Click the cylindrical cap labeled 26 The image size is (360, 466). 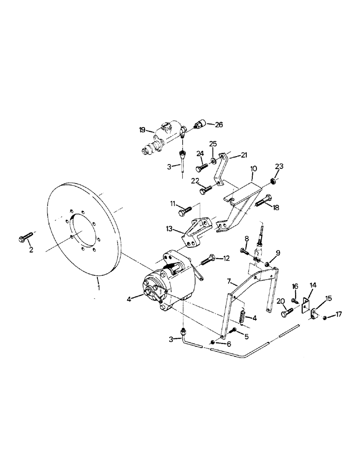[x=199, y=125]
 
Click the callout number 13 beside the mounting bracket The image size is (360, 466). [x=170, y=229]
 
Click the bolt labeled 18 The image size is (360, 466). [x=262, y=202]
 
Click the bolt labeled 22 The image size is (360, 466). [x=206, y=190]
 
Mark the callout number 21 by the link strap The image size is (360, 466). [x=243, y=155]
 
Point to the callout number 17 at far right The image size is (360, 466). [x=339, y=315]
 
